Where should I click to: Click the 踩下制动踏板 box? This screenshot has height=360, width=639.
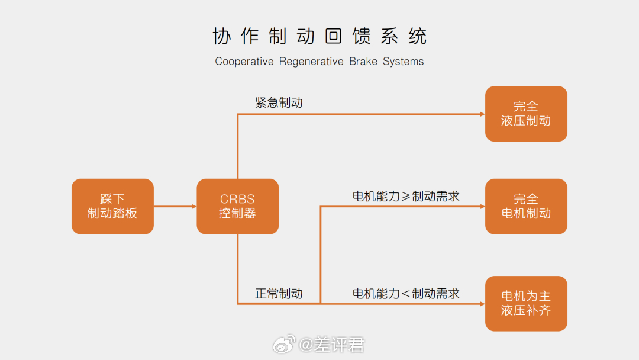click(x=112, y=206)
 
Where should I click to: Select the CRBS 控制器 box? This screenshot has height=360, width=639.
click(x=238, y=206)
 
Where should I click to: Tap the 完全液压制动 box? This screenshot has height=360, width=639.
click(x=526, y=114)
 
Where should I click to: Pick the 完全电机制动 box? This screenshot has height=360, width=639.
click(x=526, y=206)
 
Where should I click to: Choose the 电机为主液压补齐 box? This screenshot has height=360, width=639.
click(x=526, y=304)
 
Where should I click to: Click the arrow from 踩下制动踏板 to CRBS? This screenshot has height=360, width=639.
click(x=175, y=206)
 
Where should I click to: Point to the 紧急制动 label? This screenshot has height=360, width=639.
click(x=279, y=103)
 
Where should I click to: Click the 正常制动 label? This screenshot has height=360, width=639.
click(x=279, y=294)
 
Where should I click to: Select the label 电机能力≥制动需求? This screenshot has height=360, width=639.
click(x=406, y=197)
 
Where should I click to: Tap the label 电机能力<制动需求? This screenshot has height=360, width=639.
click(x=406, y=294)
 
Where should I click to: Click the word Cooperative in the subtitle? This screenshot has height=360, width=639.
click(x=244, y=62)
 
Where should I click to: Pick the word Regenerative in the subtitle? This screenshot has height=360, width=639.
click(x=311, y=62)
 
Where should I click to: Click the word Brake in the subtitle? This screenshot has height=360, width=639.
click(x=363, y=62)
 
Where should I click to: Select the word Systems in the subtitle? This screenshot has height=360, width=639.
click(x=403, y=62)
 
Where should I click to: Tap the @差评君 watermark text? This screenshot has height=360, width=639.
click(x=331, y=345)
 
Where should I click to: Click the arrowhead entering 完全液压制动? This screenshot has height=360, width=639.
click(x=483, y=114)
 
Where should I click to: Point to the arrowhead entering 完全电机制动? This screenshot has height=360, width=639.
click(x=483, y=207)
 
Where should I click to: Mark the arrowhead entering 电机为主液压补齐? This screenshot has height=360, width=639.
click(x=483, y=304)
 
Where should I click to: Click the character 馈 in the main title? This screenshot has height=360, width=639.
click(x=362, y=36)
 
